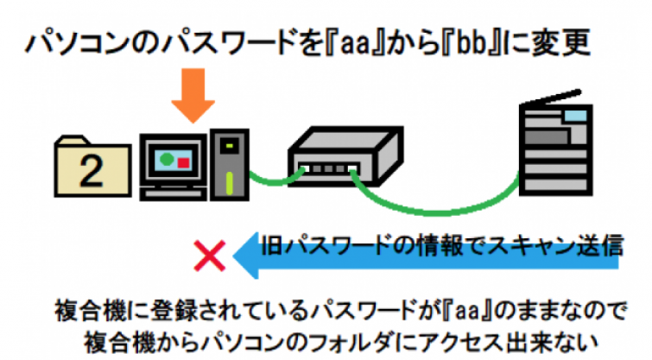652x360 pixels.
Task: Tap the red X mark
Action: tap(210, 256)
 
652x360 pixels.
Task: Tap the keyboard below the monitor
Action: tap(174, 191)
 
